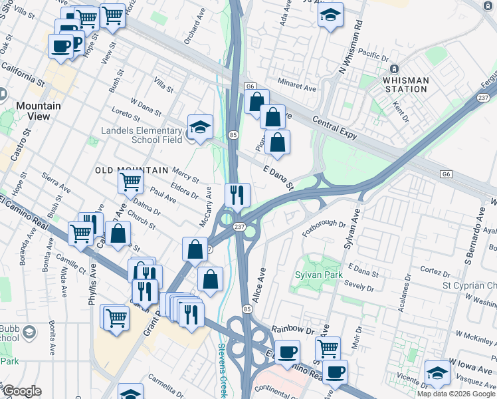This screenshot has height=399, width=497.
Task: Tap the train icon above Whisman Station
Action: pyautogui.click(x=394, y=68)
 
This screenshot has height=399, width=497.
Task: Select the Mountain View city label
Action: pyautogui.click(x=39, y=111)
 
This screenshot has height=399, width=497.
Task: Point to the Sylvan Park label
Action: pyautogui.click(x=318, y=274)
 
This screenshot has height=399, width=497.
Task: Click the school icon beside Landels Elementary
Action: pyautogui.click(x=200, y=126)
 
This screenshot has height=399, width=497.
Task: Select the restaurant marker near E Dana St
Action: pyautogui.click(x=237, y=195)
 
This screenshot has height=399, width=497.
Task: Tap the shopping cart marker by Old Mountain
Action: pyautogui.click(x=131, y=181)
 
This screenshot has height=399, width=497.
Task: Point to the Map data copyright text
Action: pyautogui.click(x=456, y=394)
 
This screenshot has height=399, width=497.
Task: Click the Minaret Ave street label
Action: pyautogui.click(x=298, y=87)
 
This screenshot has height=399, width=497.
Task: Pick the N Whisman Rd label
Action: pyautogui.click(x=350, y=47)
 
